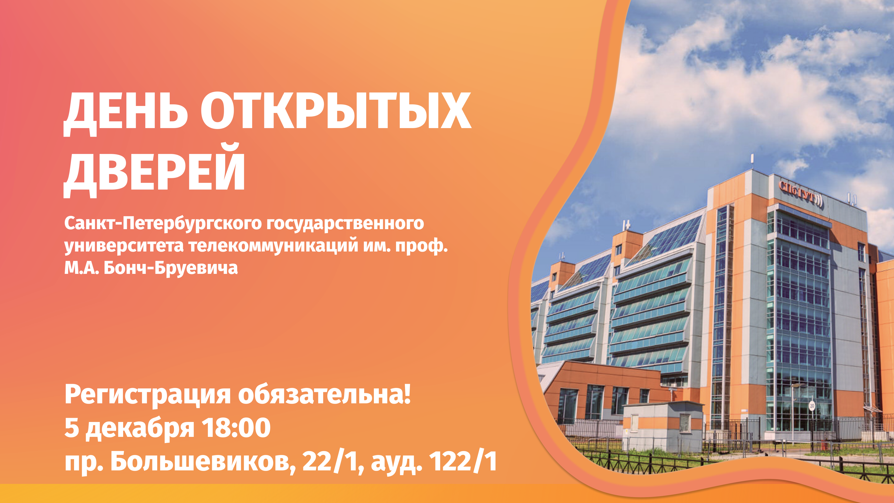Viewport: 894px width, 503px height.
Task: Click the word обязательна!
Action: click(x=325, y=395)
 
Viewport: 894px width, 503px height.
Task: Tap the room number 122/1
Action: click(x=463, y=462)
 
